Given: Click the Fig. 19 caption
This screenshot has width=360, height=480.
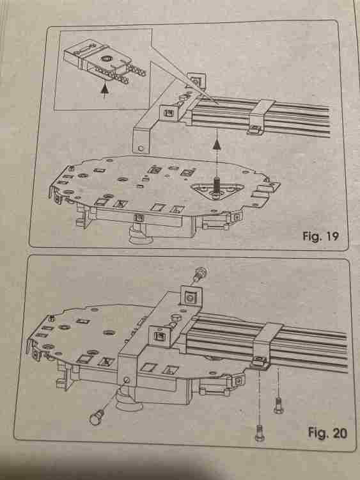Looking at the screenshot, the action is [320, 236].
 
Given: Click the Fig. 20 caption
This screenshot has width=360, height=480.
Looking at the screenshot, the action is [327, 433].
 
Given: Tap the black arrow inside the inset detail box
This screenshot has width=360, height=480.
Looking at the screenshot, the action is [105, 90].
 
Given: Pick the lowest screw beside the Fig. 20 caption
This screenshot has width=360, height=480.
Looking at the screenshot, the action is [260, 433].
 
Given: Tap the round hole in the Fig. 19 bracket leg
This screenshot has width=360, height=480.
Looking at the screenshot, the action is [141, 148].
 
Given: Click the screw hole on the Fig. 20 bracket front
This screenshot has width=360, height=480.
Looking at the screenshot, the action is [127, 381].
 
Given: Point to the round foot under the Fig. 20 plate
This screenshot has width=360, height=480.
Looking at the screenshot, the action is [130, 403].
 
